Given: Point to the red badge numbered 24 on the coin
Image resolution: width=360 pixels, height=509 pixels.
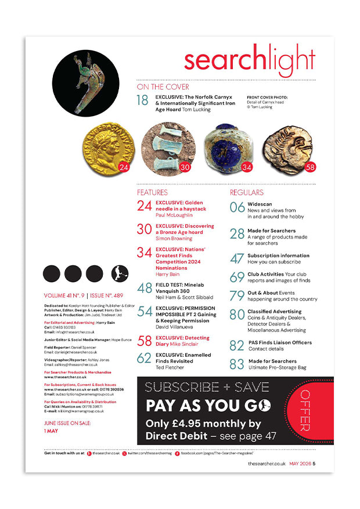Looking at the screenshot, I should tap(123, 168).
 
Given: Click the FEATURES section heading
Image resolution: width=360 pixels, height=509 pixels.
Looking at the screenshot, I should tap(152, 192).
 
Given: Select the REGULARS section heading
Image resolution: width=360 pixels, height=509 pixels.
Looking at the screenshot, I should tap(247, 192).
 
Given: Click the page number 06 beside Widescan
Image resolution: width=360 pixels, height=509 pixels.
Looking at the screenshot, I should tap(237, 207).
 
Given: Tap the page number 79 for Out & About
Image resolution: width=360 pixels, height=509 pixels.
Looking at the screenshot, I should tap(237, 296).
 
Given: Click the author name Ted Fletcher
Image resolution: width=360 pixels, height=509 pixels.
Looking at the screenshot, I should tap(168, 368).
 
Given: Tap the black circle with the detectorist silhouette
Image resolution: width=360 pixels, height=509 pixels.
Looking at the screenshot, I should tap(119, 273).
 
